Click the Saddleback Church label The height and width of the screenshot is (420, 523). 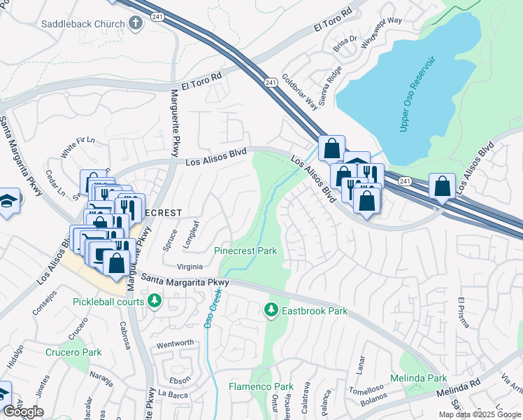71,23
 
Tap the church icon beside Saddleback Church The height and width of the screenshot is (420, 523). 136,23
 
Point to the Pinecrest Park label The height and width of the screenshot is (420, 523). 245,251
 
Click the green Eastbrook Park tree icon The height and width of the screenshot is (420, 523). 271,309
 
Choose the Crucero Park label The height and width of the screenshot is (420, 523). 73,352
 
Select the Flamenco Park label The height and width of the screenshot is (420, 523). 261,386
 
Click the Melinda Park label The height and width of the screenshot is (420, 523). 423,378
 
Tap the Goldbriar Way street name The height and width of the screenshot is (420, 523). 300,91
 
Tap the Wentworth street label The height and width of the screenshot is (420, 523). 175,343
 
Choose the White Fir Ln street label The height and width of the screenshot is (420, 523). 77,147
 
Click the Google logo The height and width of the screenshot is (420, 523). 23,411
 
